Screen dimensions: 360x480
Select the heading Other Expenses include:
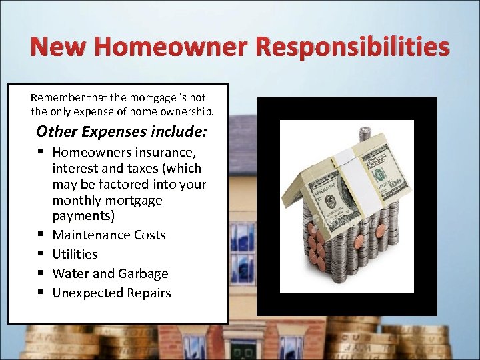pos(121,131)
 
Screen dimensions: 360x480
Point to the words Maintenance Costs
pos(109,235)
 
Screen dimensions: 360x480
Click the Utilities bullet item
pos(75,254)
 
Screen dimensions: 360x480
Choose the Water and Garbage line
pos(110,273)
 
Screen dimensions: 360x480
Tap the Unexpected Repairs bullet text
pos(111,293)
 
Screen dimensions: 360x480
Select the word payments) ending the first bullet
pos(83,216)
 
